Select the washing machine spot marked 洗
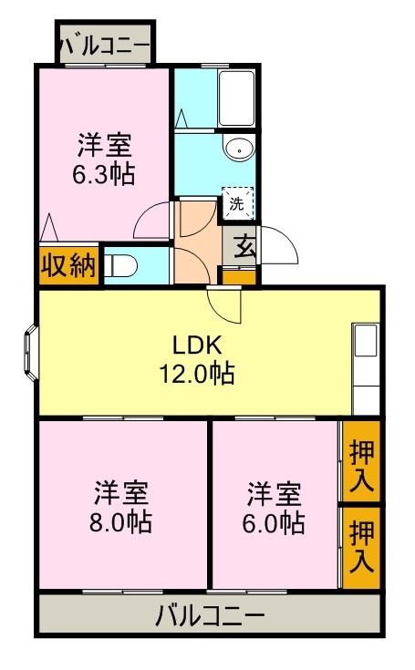(237, 204)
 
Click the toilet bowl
(122, 266)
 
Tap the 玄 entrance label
(244, 244)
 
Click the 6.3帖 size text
(104, 174)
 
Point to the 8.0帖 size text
(121, 522)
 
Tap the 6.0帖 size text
(275, 522)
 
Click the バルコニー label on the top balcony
(104, 43)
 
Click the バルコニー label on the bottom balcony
(209, 614)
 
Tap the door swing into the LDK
(224, 305)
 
